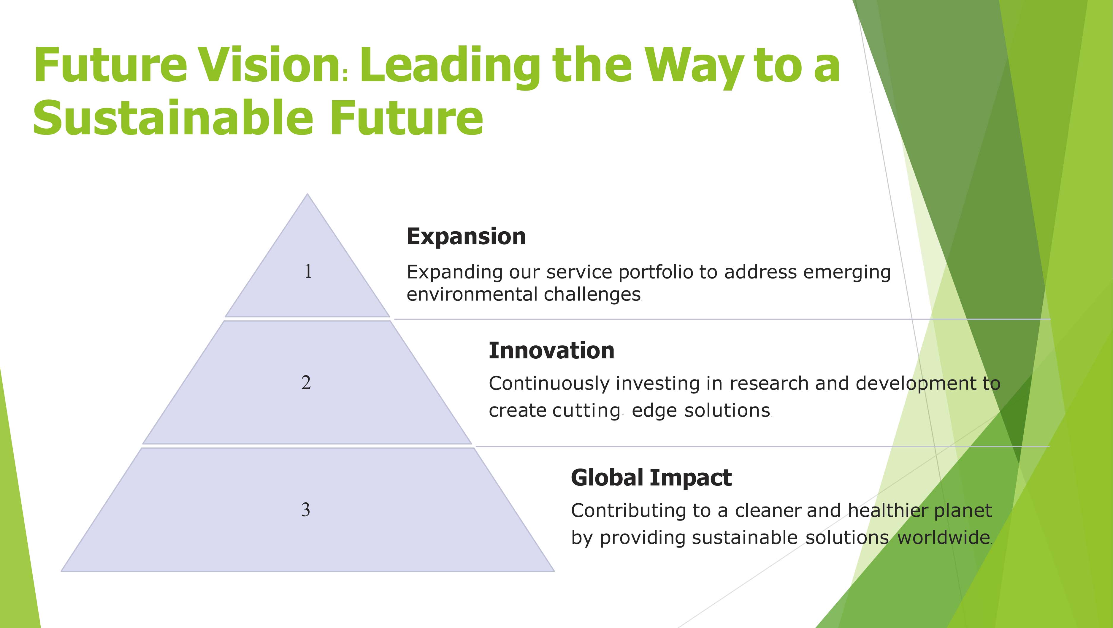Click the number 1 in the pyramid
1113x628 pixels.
(308, 271)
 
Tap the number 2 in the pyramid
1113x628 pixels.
(306, 382)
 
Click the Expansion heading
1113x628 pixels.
(466, 237)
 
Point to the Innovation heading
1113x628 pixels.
(551, 350)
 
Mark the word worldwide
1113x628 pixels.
(944, 538)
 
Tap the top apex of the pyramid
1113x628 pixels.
(307, 194)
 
